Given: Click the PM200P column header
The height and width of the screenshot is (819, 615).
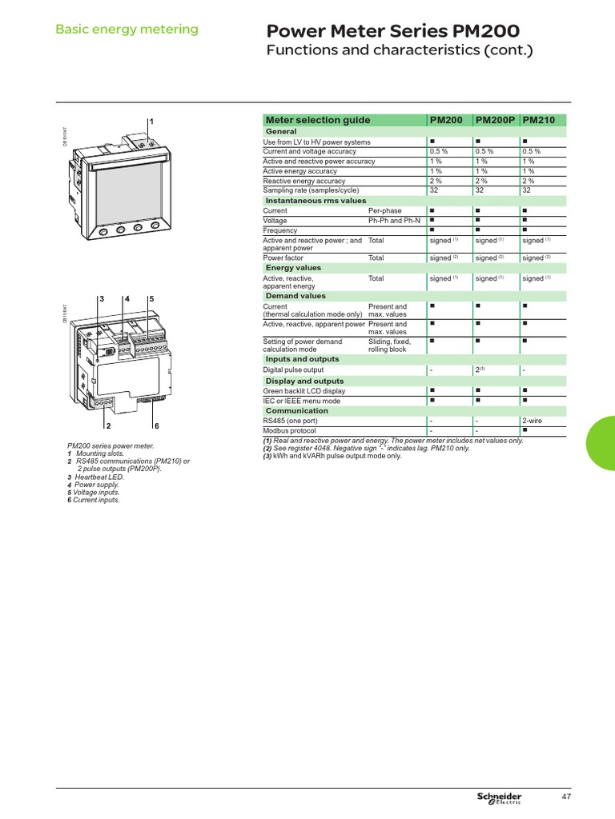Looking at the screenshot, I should coord(496,120).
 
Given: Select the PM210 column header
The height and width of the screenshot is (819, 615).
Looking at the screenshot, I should coord(539,120).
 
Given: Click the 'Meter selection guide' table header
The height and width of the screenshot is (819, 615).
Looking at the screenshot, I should coord(318,120).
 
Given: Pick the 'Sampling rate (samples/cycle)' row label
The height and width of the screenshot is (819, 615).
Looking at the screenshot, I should coord(311,190).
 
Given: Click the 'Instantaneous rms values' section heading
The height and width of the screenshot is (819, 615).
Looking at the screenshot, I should coord(316,201).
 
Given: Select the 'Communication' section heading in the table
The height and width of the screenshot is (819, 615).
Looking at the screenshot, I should coord(296,411).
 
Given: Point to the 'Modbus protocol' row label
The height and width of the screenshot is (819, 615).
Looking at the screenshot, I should coord(291,430).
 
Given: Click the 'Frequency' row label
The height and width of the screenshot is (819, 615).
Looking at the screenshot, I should coord(280,230).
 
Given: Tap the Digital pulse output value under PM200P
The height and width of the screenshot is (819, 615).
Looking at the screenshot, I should coord(478,370).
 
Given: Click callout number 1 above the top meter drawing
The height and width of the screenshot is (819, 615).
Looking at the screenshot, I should coord(151,121).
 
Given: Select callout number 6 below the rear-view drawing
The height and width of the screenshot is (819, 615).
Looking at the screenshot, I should coord(157,425).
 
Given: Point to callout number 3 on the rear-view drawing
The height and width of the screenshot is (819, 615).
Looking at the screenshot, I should coord(102,298).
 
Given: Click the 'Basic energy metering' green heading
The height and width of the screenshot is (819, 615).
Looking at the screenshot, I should coord(127,30).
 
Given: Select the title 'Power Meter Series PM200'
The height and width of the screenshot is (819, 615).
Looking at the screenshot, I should coord(392,31).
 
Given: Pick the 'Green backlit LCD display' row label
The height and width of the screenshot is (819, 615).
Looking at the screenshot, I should coord(304,391).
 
